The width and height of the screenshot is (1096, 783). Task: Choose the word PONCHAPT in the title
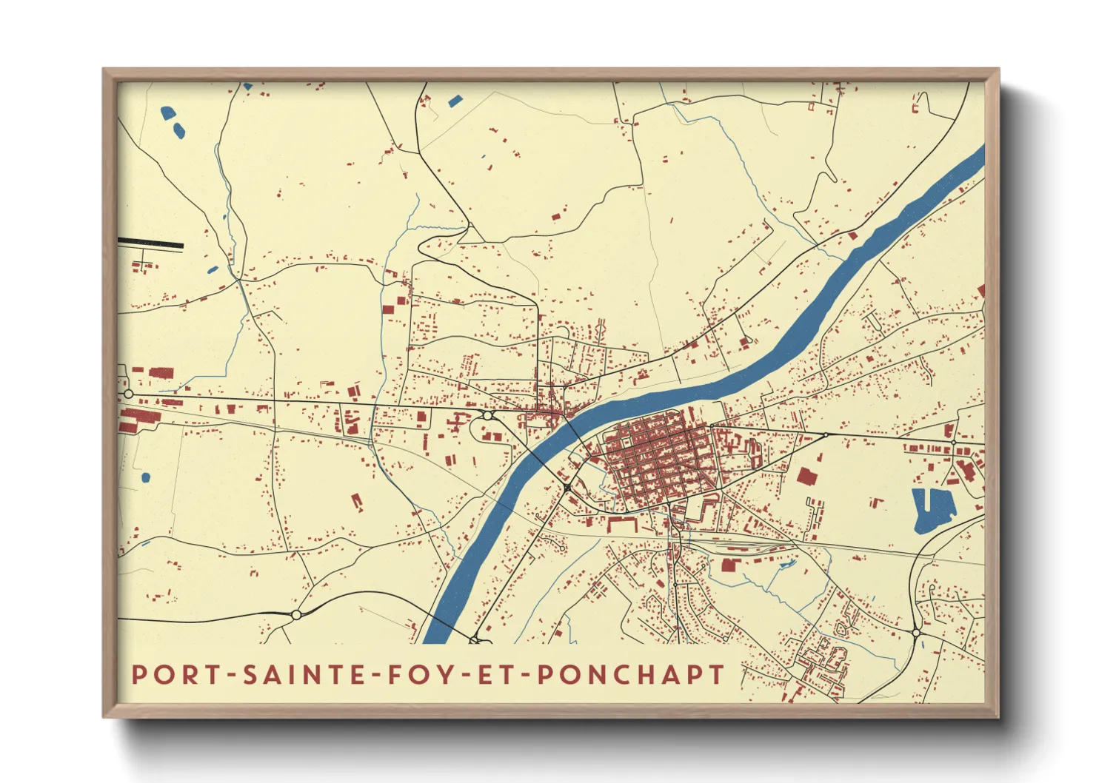click(x=630, y=675)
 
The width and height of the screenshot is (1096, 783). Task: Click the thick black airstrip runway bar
click(x=150, y=243)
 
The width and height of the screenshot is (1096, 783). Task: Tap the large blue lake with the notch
click(x=932, y=509)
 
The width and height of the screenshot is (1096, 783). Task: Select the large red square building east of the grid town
click(x=806, y=476)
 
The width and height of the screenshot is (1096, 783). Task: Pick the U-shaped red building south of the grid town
click(x=623, y=524)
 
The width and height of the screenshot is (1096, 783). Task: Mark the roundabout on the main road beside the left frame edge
click(x=128, y=394)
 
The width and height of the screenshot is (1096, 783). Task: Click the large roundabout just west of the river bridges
click(x=487, y=416)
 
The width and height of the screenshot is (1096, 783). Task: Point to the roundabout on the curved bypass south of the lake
click(x=916, y=633)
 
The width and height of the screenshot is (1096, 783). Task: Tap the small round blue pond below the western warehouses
click(x=145, y=477)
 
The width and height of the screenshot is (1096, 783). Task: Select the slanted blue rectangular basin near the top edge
click(x=454, y=100)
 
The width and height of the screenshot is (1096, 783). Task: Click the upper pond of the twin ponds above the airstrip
click(x=168, y=113)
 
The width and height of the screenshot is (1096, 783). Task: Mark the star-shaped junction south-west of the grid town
click(x=567, y=487)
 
